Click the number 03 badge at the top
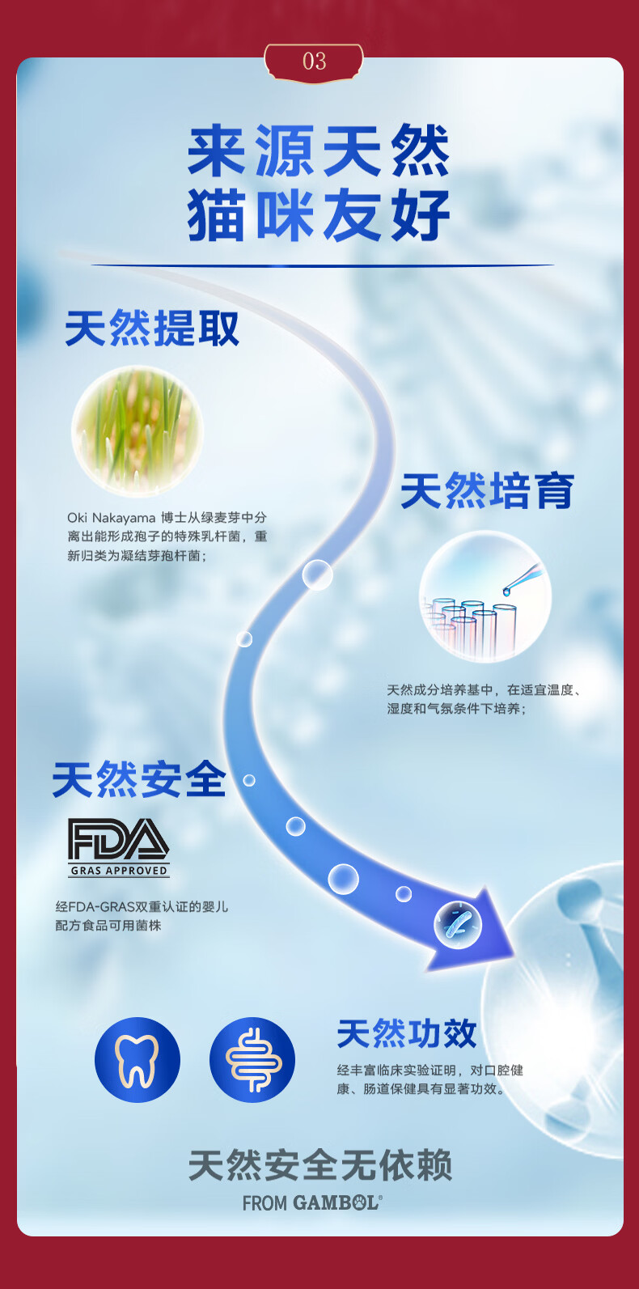314,61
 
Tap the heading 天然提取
152,329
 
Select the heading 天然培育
487,492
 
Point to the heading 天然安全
139,781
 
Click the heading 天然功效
407,1034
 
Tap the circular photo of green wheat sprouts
137,430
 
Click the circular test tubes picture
485,596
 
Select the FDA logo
118,839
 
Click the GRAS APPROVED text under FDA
119,871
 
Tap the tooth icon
137,1060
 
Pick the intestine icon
252,1060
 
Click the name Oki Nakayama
111,518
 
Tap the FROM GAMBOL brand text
312,1203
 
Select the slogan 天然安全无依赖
319,1166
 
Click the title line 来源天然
319,151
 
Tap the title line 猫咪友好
319,215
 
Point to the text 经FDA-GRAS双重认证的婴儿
142,907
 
